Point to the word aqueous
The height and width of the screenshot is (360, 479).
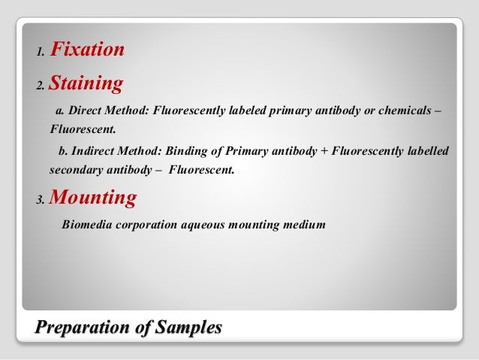point(206,223)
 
